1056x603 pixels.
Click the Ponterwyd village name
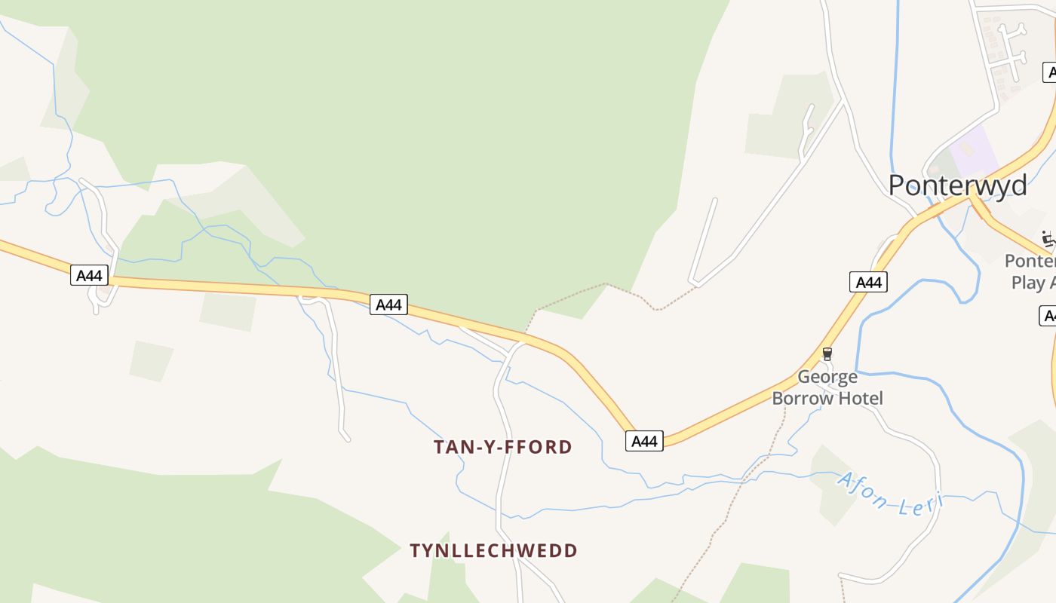pos(957,185)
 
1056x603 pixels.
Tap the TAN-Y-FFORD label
pos(502,447)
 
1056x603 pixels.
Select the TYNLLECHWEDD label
pos(493,550)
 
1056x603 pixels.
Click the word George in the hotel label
pos(827,377)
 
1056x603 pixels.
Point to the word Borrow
pos(803,398)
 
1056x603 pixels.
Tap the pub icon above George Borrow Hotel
pos(827,354)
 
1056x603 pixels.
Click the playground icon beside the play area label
pos(1048,238)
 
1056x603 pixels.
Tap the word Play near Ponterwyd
pos(1027,283)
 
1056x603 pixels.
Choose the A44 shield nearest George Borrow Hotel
pos(868,282)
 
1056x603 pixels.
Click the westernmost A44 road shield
pos(90,275)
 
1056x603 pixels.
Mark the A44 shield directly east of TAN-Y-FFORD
pos(644,441)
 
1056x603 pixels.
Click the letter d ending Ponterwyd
pos(1018,185)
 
